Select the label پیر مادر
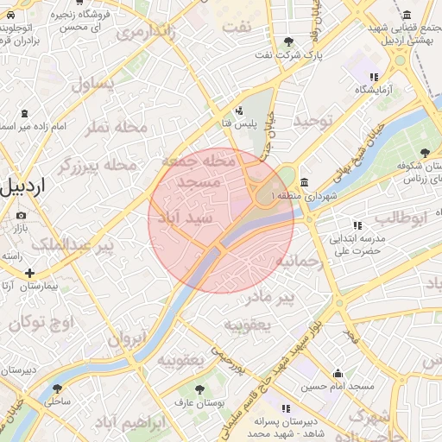point(269,298)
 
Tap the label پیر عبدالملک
point(73,247)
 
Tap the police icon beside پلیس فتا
point(238,110)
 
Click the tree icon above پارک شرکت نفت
point(288,41)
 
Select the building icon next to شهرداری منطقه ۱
point(304,182)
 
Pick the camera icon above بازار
point(21,215)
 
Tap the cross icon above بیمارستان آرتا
point(30,273)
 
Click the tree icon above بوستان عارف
point(200,389)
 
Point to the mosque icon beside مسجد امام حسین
point(338,374)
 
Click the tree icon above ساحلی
point(58,388)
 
